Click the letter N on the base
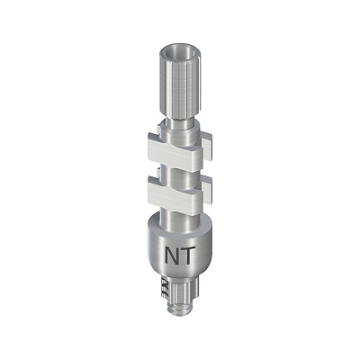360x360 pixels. click(172, 256)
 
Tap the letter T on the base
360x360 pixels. click(186, 256)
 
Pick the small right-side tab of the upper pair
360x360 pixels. click(208, 147)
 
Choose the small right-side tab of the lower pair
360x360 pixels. click(208, 190)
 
